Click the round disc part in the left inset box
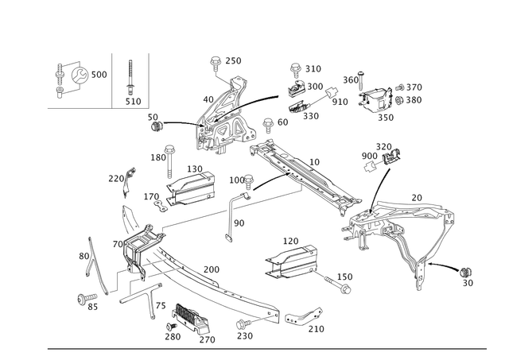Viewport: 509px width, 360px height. pos(79,75)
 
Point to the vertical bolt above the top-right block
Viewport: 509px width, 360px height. pos(359,79)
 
